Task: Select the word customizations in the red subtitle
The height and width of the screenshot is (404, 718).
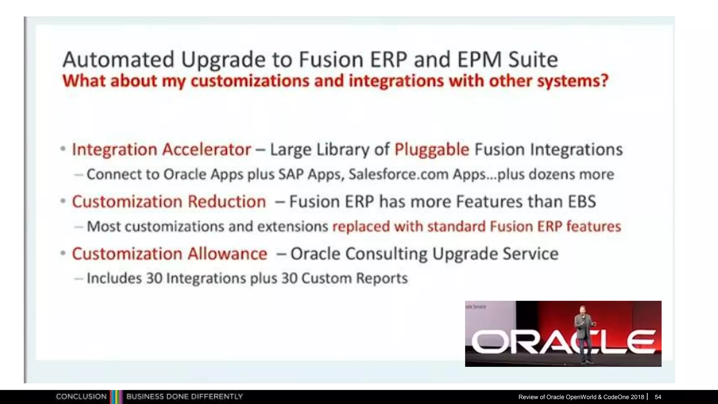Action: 250,81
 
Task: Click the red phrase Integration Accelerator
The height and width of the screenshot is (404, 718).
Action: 161,149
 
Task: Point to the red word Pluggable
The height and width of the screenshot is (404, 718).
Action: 432,149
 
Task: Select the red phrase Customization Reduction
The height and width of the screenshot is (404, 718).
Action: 169,202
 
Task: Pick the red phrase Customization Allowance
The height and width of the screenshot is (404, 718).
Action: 169,254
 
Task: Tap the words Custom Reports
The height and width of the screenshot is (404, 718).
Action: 354,278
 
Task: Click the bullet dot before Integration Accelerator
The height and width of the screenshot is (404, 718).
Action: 63,149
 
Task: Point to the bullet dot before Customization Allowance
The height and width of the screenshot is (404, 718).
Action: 63,253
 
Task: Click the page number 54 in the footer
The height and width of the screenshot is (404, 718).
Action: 658,397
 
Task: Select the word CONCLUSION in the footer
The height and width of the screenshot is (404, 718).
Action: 81,397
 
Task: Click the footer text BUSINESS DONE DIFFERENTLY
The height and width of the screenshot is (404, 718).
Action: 184,397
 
